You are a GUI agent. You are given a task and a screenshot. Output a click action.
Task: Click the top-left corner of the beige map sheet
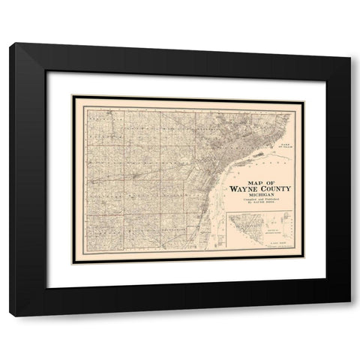71,95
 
